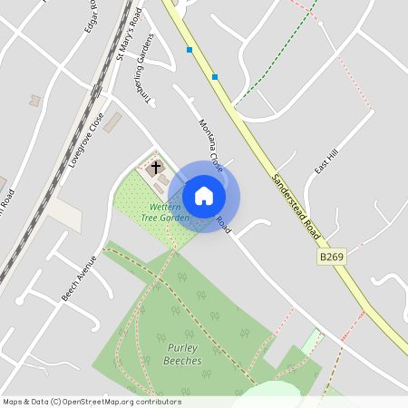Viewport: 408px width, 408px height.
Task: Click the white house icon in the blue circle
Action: (204, 196)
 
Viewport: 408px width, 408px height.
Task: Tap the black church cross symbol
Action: (155, 168)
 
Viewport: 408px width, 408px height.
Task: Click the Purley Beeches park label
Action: (184, 355)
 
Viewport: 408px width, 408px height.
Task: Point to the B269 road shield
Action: (332, 258)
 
